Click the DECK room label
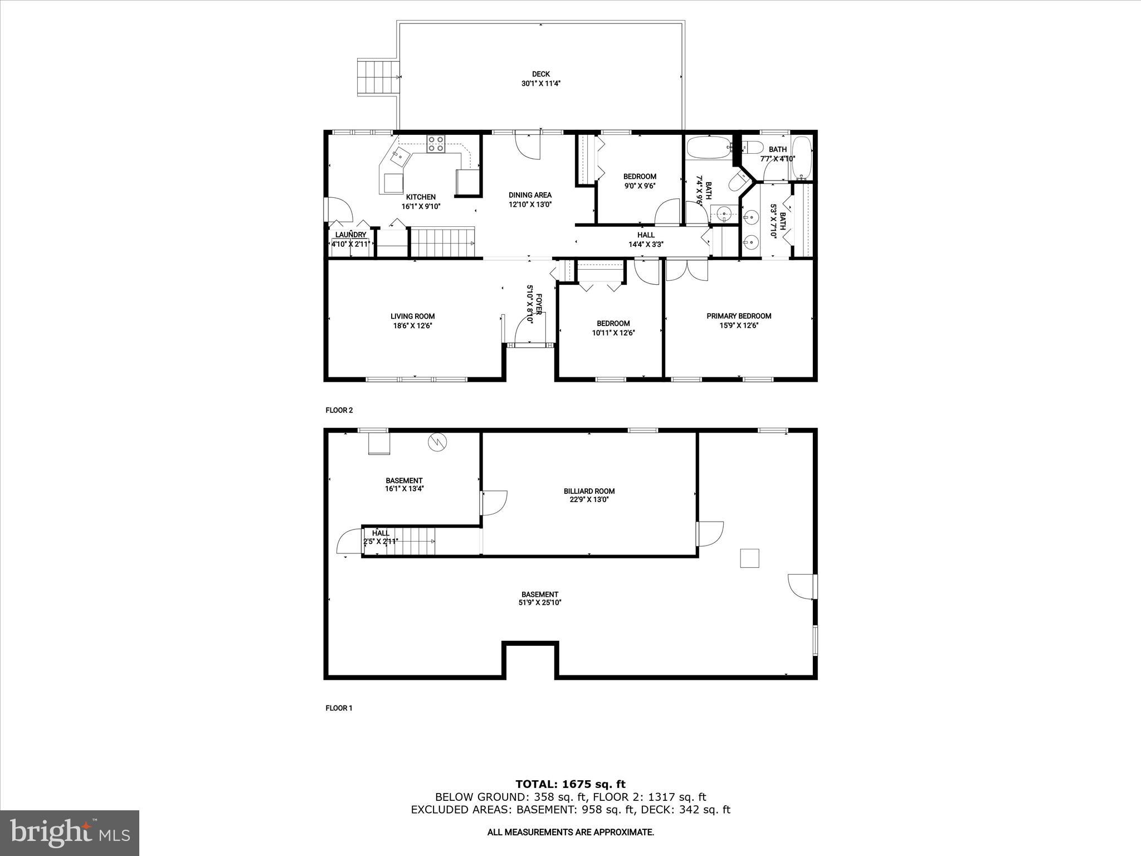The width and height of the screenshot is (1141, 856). click(540, 74)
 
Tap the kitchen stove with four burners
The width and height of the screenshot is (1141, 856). click(436, 144)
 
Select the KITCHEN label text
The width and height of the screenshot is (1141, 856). click(421, 197)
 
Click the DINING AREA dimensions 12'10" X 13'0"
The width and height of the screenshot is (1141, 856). click(530, 205)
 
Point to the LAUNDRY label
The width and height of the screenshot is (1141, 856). click(350, 235)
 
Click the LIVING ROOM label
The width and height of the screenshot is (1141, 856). click(412, 316)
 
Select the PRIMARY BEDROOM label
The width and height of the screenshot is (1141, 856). click(739, 316)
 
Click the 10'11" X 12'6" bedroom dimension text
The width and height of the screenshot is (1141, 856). click(613, 333)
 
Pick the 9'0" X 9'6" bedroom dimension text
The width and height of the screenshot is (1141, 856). click(640, 186)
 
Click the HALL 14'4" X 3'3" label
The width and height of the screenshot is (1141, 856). click(646, 239)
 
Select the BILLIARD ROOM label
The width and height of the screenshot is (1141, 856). click(589, 491)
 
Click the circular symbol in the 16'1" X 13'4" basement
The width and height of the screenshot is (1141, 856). click(437, 442)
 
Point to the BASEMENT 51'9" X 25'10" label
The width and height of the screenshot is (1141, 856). click(539, 599)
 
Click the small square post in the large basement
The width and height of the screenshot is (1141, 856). click(749, 558)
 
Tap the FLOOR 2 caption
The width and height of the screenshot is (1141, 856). click(339, 410)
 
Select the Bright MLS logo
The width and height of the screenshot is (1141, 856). click(70, 833)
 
